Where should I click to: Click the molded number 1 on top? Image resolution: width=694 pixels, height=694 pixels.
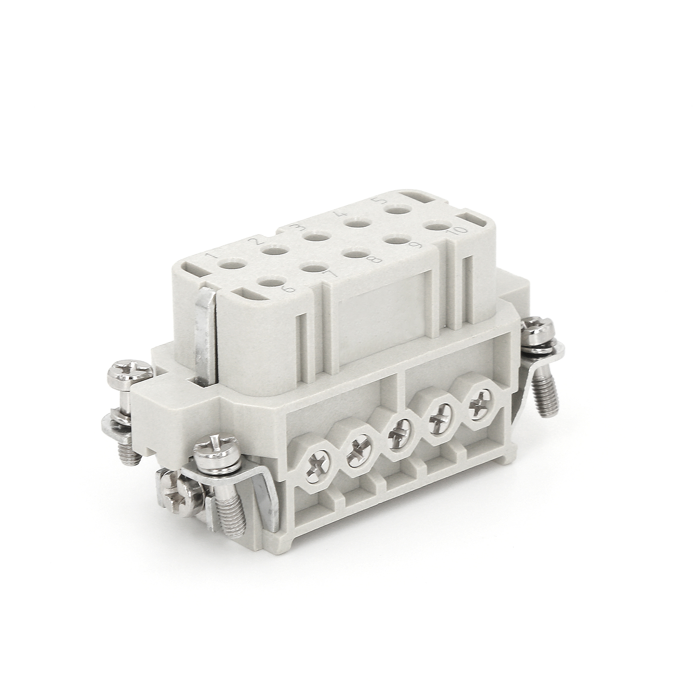(213, 256)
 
